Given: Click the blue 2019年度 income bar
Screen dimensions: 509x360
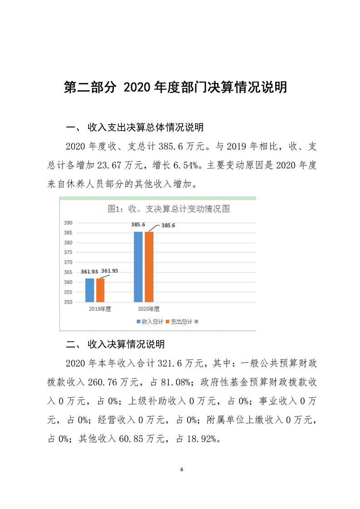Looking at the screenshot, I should (x=90, y=290).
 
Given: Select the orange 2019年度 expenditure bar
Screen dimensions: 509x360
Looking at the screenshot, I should (x=100, y=290).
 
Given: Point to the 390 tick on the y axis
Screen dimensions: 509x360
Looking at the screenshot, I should (x=68, y=223).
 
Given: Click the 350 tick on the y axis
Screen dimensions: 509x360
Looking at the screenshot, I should (x=68, y=302).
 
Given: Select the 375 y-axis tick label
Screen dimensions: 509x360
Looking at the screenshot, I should (x=68, y=252).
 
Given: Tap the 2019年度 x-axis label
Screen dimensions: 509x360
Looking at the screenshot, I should (x=100, y=309).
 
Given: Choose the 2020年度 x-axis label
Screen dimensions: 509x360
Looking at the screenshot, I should (x=148, y=309).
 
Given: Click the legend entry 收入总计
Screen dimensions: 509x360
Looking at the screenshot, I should (x=150, y=322).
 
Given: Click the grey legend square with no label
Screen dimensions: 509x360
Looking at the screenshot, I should (x=197, y=322).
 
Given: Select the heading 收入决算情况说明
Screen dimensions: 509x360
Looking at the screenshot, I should (x=126, y=344).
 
